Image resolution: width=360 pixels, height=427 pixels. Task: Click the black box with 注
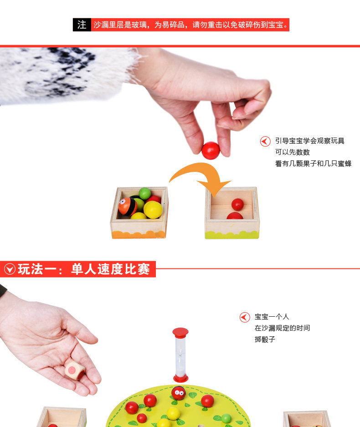coord(82,25)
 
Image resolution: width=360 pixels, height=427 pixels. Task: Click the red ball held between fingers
coord(211,150)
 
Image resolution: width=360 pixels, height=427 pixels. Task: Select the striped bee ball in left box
coord(128,206)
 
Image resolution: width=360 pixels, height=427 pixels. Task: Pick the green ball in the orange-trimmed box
coord(145,193)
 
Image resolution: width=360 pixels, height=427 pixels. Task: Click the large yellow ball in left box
coord(153,210)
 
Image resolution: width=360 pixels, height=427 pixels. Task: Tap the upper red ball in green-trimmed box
coord(237,204)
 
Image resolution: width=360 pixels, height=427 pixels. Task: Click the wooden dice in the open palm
coord(75,370)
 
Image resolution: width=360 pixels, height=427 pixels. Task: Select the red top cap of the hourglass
coord(180,332)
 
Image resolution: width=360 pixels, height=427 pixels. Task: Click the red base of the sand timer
coord(181,378)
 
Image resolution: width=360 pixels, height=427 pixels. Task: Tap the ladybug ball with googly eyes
coord(178,393)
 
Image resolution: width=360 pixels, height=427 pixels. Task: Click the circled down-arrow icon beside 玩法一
coord(10,269)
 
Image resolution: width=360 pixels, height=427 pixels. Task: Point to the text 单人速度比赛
coord(110,269)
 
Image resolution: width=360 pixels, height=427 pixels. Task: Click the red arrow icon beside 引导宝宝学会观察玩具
coord(265,141)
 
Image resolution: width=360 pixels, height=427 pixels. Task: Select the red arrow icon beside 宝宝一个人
coord(245,317)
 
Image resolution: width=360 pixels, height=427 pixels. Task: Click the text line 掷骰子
coord(265,340)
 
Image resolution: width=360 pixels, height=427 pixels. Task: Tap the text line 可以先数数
coord(293,152)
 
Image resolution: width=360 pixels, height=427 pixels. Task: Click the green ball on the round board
coord(226,418)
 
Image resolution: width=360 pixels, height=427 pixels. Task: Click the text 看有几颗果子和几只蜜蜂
coord(313,164)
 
